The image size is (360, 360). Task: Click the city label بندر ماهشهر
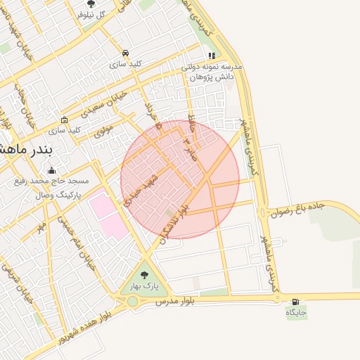tap(22, 149)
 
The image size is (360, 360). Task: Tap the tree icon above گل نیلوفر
tap(91, 4)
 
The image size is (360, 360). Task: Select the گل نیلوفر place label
tap(91, 15)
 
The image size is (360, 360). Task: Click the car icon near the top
tap(125, 53)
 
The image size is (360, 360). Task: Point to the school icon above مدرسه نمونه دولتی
tap(211, 56)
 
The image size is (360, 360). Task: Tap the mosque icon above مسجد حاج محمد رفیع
tap(51, 170)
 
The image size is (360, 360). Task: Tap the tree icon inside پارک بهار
tap(145, 275)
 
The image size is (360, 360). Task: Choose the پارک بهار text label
tap(144, 285)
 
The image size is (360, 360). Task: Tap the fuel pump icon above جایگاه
tap(295, 301)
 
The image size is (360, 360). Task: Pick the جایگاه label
tap(296, 311)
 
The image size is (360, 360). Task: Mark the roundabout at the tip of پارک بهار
tap(132, 302)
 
